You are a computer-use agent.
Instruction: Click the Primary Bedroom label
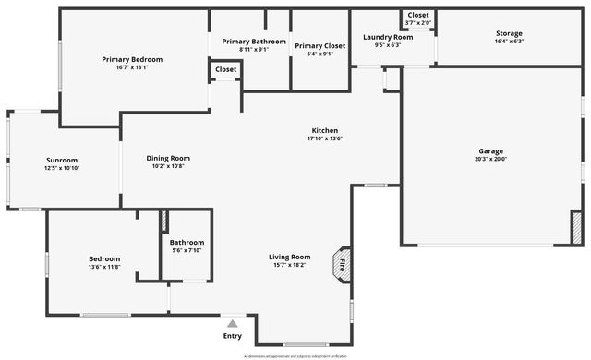click(132, 59)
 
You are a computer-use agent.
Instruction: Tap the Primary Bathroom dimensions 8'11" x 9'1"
click(254, 53)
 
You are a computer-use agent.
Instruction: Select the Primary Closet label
click(320, 45)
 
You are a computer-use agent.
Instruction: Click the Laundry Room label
click(387, 36)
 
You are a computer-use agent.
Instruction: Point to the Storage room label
click(509, 33)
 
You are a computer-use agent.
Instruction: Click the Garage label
click(490, 150)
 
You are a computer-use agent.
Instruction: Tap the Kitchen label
click(324, 130)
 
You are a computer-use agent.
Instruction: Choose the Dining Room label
click(168, 158)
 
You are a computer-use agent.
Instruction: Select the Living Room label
click(289, 257)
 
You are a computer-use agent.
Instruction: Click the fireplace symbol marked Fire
click(344, 262)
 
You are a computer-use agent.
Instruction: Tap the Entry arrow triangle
click(233, 324)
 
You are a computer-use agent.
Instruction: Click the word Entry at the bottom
click(233, 336)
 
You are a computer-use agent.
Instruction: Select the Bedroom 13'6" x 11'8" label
click(104, 259)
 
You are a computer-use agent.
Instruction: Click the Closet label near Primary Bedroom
click(225, 69)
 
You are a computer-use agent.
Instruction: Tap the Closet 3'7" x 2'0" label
click(417, 16)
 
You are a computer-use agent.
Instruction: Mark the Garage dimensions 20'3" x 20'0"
click(490, 159)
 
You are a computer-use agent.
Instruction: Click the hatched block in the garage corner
click(576, 227)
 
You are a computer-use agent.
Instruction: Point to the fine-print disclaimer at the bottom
click(294, 355)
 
